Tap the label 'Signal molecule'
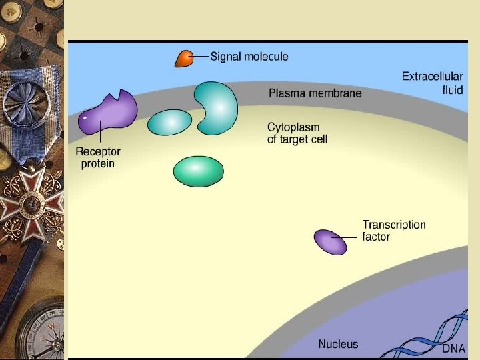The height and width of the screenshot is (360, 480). (249, 57)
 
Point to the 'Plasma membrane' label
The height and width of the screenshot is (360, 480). (315, 93)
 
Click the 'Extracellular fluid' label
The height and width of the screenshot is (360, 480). (432, 83)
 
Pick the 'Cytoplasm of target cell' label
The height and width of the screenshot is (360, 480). (297, 133)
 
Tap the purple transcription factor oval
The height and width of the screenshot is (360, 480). (330, 241)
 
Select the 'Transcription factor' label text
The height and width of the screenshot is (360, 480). (393, 231)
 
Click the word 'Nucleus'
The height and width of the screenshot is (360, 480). (338, 344)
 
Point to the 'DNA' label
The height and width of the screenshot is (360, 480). (453, 349)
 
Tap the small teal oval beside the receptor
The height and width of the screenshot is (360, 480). (169, 122)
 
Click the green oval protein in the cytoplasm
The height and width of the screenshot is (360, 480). (198, 171)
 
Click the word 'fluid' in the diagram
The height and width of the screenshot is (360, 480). (452, 90)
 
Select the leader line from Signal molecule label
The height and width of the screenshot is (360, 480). (199, 57)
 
